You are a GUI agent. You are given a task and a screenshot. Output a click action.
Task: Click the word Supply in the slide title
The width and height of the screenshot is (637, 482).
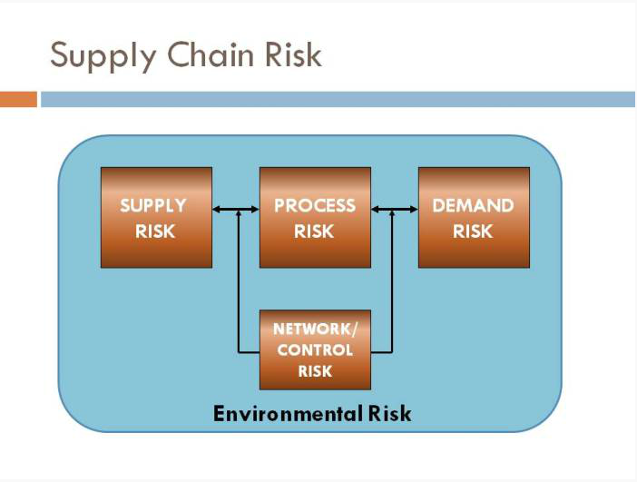(x=103, y=56)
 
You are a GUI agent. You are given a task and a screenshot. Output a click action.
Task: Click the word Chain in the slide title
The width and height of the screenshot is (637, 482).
(x=211, y=54)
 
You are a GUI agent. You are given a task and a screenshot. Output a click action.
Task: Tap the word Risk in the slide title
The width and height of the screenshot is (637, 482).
(x=293, y=54)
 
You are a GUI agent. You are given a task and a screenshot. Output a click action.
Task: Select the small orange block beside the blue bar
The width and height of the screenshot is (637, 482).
(x=18, y=100)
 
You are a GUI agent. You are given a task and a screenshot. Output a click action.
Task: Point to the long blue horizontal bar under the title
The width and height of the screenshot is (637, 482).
(x=338, y=100)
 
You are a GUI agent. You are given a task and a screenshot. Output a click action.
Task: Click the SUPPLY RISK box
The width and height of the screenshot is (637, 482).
(x=156, y=218)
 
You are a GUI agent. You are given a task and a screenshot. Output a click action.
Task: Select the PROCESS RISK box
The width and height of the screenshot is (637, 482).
(x=315, y=218)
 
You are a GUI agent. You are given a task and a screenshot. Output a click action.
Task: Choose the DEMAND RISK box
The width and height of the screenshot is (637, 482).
(x=474, y=218)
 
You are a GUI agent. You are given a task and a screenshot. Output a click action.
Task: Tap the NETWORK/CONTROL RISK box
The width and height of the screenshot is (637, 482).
(x=315, y=349)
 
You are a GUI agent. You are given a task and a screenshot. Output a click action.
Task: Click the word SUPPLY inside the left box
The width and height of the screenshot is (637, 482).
(x=153, y=206)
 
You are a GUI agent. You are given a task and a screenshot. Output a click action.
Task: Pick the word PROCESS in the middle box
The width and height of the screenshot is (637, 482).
(x=315, y=206)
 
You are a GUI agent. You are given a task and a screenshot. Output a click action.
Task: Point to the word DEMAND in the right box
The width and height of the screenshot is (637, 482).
(x=474, y=206)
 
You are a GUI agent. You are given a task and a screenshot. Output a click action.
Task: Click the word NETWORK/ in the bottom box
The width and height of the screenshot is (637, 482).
(x=315, y=330)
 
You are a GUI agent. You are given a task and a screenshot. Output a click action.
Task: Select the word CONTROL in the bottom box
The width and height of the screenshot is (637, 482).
(x=315, y=349)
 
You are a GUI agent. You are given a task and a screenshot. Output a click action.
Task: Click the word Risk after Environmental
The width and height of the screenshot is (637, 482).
(x=389, y=414)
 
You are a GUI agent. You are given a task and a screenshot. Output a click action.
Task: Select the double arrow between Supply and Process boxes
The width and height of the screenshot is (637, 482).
(x=236, y=210)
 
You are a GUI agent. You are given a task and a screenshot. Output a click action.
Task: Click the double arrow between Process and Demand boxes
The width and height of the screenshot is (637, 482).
(x=395, y=210)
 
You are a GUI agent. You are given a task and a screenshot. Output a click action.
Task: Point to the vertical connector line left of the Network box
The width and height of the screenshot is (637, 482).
(x=239, y=281)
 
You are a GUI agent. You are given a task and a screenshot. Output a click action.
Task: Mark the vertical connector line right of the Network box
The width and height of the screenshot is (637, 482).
(x=392, y=281)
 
